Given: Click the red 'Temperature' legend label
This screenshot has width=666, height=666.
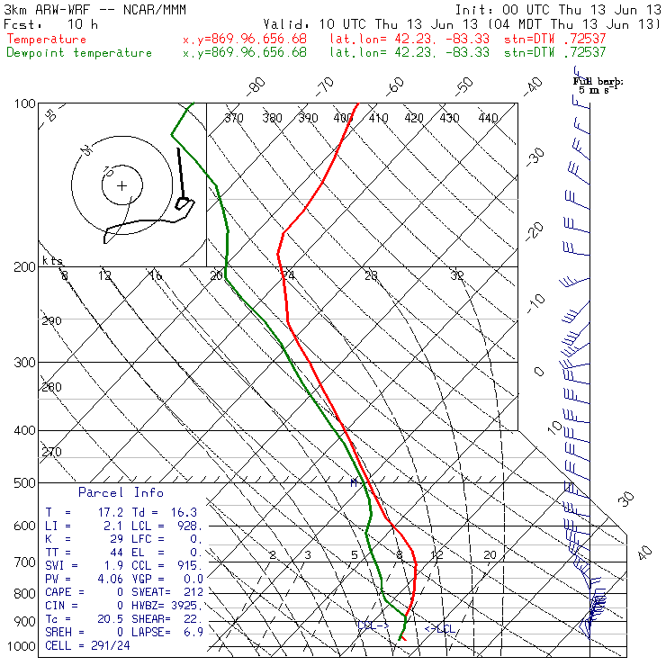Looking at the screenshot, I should click(47, 40).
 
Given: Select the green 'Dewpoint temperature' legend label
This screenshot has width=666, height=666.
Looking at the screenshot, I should click(79, 52).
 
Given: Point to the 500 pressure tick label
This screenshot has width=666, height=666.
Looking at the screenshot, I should click(24, 483).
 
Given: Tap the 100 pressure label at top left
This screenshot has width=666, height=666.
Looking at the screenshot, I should click(24, 103).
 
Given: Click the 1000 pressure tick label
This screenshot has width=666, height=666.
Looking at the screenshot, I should click(22, 647).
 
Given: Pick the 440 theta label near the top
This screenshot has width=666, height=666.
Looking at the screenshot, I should click(488, 118).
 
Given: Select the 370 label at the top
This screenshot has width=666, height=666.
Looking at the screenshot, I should click(234, 118).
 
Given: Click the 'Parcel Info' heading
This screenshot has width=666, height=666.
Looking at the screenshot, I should click(121, 492).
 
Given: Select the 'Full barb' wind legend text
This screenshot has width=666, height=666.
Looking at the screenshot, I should click(597, 81).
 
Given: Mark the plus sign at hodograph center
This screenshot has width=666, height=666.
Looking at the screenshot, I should click(122, 186).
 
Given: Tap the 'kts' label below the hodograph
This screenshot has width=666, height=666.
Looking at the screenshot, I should click(53, 261).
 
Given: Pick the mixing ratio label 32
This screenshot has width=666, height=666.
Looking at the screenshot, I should click(457, 275).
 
